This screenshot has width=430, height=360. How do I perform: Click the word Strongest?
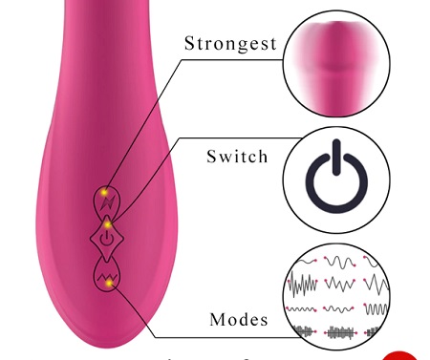[x=230, y=44]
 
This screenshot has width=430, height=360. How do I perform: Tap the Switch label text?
[x=237, y=157]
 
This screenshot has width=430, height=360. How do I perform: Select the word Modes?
[x=239, y=319]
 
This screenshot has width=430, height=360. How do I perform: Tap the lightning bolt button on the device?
[x=107, y=201]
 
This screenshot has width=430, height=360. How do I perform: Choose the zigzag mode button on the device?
[x=107, y=275]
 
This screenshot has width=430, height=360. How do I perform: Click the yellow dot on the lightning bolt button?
[x=104, y=193]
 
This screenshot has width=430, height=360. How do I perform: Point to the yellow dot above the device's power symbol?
[x=108, y=224]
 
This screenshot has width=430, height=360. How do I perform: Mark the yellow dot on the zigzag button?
[x=110, y=283]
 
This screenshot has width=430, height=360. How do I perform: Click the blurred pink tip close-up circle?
[x=336, y=63]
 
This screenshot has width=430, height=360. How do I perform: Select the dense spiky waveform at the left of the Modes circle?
[x=303, y=284]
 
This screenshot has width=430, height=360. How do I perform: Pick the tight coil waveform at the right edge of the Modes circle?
[x=376, y=308]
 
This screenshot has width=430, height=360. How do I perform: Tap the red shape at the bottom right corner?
[x=400, y=356]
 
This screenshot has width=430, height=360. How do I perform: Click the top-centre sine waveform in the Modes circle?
[x=339, y=263]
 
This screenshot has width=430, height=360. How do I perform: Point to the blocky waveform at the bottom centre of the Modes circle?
[x=340, y=332]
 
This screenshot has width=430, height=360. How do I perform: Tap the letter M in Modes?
[x=217, y=319]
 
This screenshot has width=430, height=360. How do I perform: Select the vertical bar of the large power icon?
[x=336, y=158]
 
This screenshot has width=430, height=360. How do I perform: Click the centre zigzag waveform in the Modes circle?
[x=340, y=284]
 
